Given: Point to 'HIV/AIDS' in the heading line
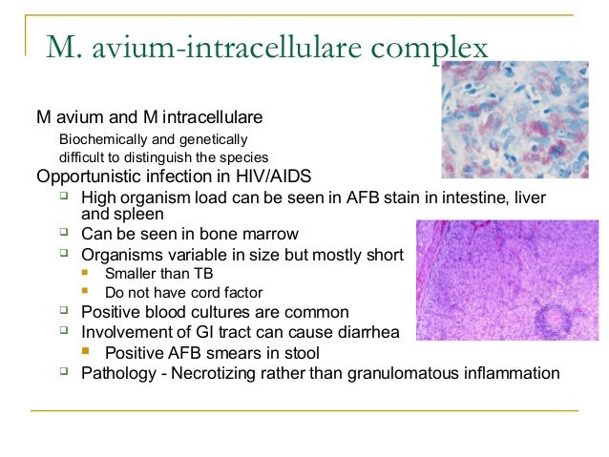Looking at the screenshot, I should point(277,177).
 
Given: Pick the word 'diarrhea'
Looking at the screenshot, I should point(367,332).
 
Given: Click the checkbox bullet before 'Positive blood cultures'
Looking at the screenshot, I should point(63,311).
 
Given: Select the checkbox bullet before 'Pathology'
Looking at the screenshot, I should point(63,371).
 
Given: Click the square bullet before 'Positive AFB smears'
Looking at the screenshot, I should point(86,352).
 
